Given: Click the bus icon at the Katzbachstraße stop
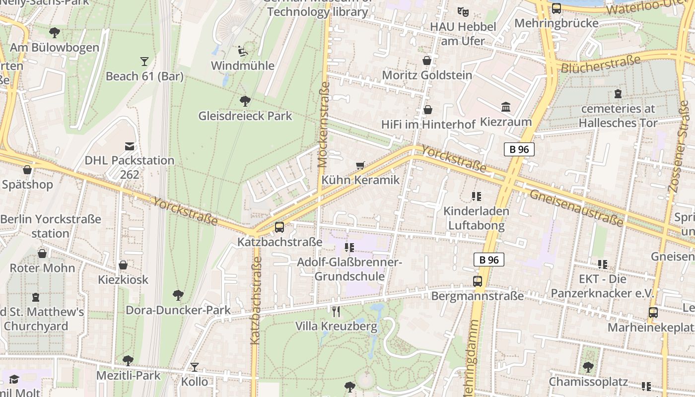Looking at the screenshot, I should click(x=279, y=227).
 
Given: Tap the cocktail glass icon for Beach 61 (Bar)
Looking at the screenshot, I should click(x=144, y=62).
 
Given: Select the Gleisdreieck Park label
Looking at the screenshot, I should click(x=245, y=116).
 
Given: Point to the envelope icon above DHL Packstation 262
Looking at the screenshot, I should click(x=130, y=146).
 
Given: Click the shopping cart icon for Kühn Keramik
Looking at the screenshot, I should click(x=360, y=165).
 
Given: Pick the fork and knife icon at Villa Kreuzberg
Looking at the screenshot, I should click(x=337, y=312).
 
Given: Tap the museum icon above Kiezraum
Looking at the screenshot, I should click(x=506, y=107).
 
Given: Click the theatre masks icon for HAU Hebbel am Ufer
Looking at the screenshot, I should click(x=463, y=11).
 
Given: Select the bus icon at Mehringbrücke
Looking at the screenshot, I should click(x=556, y=8).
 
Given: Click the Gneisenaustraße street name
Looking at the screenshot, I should click(x=576, y=208).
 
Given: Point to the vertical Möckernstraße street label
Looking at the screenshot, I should click(x=324, y=124).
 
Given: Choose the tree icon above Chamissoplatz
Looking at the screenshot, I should click(x=588, y=367).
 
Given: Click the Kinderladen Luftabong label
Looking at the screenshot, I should click(x=476, y=218).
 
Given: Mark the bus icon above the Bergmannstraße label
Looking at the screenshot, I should click(x=478, y=281).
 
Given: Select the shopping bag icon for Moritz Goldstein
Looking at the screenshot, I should click(x=426, y=61).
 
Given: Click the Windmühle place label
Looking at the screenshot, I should click(x=243, y=66).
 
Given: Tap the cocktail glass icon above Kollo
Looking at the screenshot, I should click(x=195, y=367).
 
